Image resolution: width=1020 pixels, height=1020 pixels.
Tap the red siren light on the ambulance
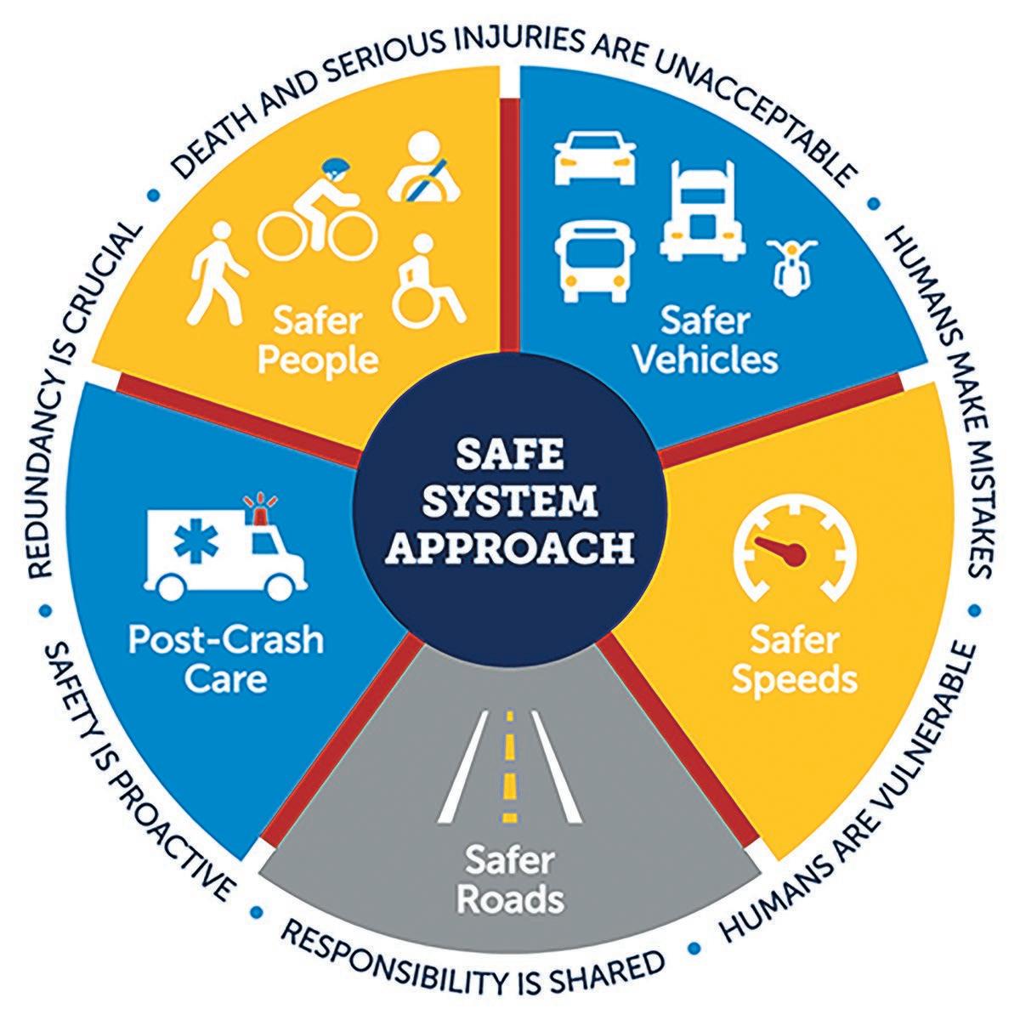coord(254,505)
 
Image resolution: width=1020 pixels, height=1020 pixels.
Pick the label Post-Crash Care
coord(226,659)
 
